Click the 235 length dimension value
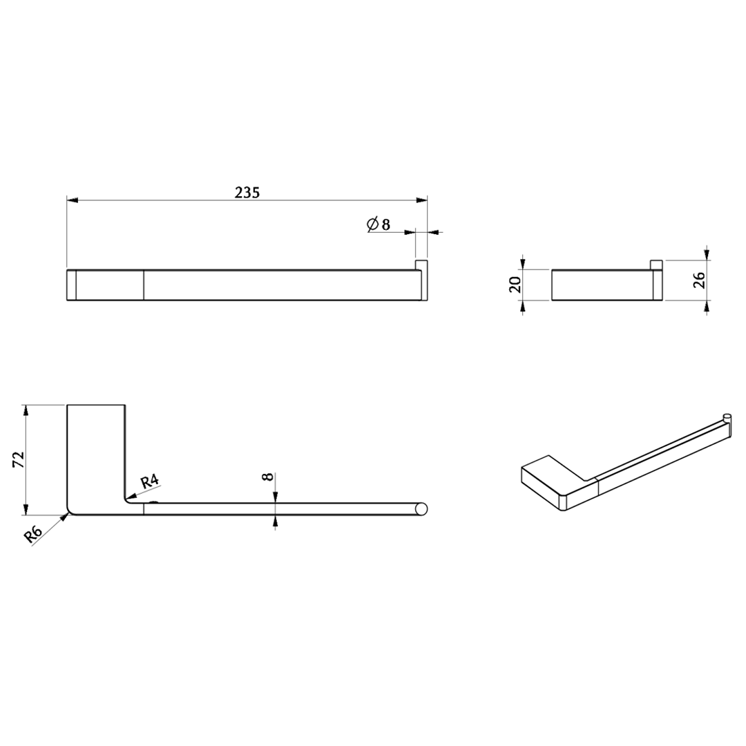(x=247, y=192)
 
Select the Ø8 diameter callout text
(x=379, y=224)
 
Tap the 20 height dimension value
(x=515, y=285)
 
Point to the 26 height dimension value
(x=699, y=280)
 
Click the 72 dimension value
(x=18, y=459)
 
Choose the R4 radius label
(x=149, y=481)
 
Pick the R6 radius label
(x=34, y=535)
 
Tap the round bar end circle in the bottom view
(x=421, y=508)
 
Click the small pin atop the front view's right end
(x=421, y=265)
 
